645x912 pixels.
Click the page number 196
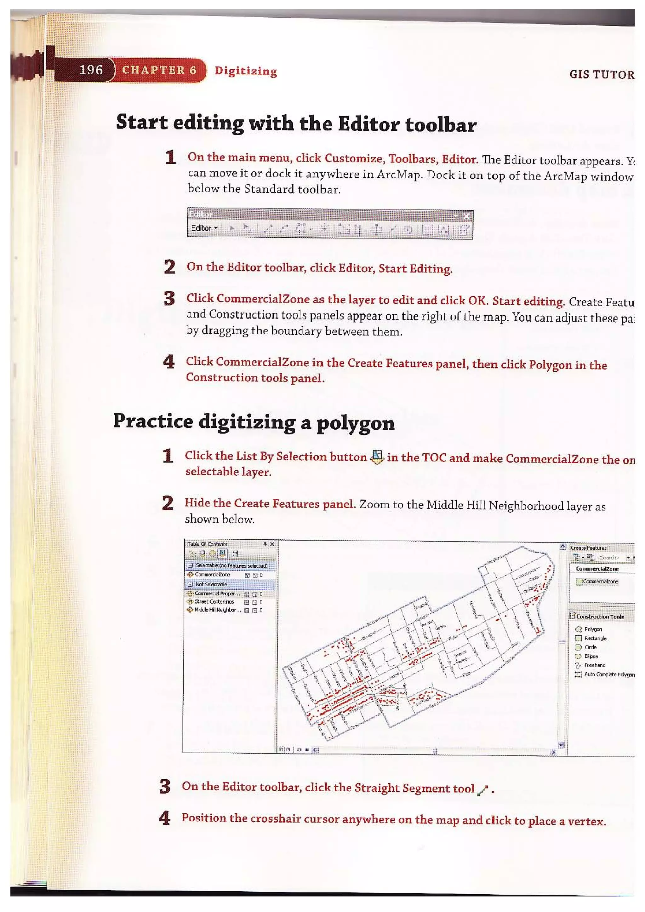[91, 70]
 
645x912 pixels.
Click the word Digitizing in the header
[246, 71]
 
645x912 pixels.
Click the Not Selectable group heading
[211, 584]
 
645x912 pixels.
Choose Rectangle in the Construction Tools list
[595, 638]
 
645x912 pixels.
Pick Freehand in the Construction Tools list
[595, 665]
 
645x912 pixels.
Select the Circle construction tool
[590, 647]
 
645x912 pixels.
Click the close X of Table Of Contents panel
[272, 544]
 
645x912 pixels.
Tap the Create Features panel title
[588, 548]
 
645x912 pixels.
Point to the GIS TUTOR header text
[601, 75]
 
